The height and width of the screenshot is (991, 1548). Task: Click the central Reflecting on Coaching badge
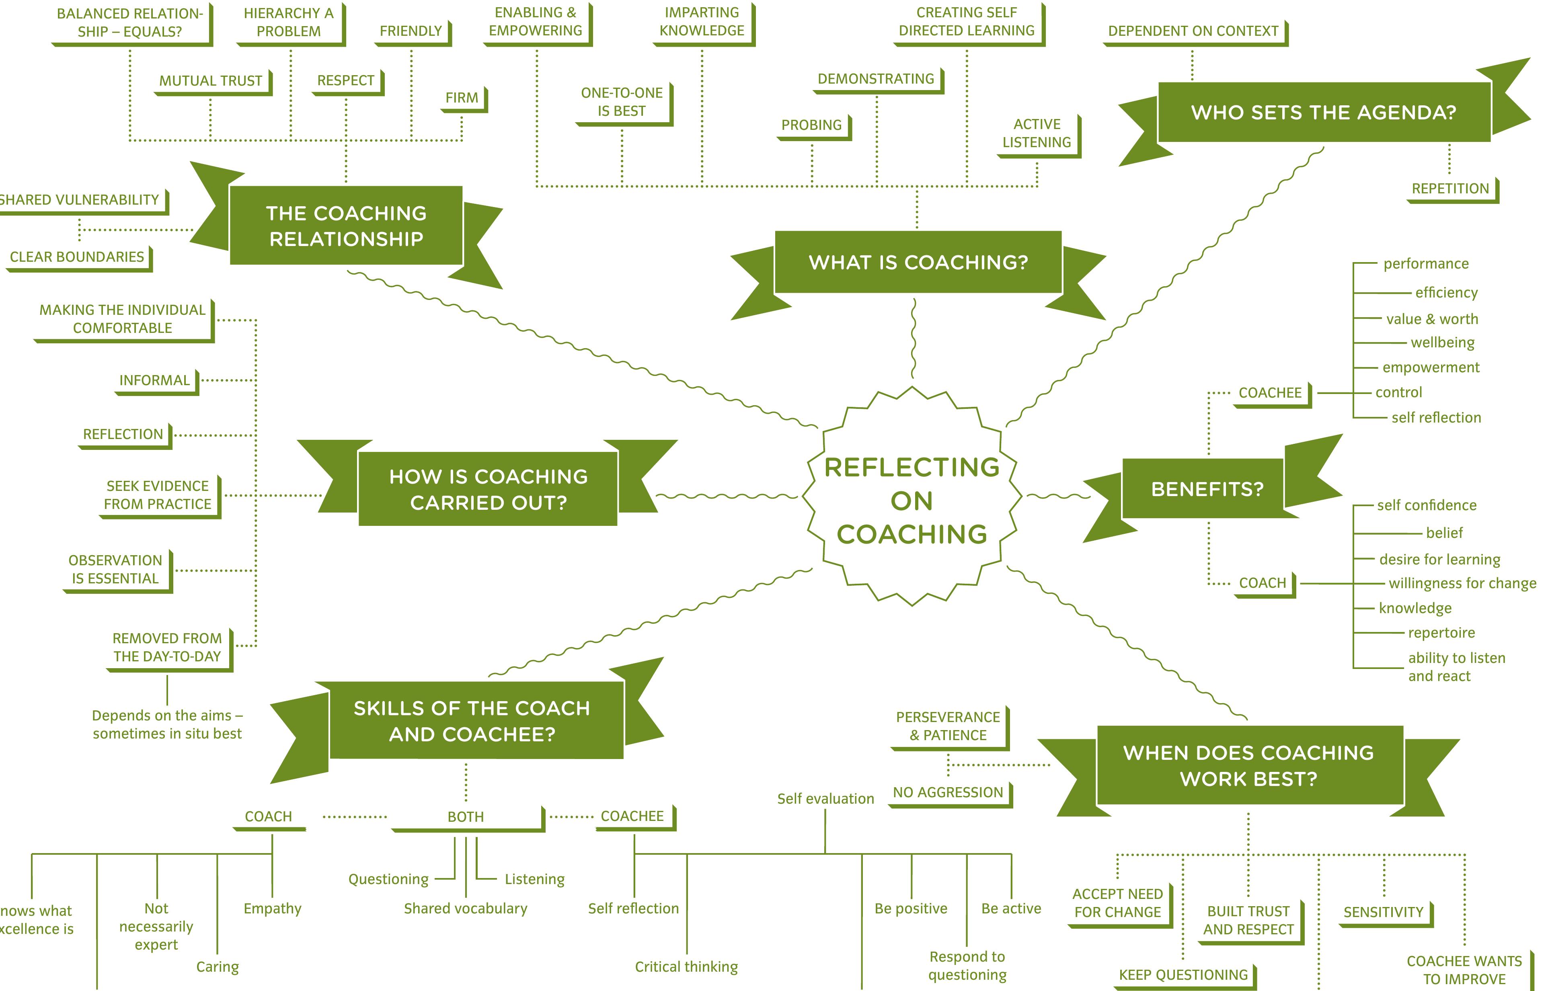click(x=912, y=500)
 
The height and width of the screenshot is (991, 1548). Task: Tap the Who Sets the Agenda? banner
click(x=1324, y=113)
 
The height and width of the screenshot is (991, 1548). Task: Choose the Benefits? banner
click(x=1207, y=489)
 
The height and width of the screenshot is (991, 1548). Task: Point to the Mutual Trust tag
click(x=211, y=81)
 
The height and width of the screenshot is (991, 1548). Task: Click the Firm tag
click(x=462, y=98)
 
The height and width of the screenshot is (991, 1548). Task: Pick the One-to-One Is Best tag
click(x=622, y=102)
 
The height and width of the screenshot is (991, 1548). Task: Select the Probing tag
click(x=811, y=125)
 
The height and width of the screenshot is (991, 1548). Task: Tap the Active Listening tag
click(x=1037, y=133)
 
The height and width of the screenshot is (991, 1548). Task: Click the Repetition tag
click(x=1450, y=189)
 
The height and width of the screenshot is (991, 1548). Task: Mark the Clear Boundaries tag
click(x=77, y=257)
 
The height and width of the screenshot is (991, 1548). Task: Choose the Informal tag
click(x=154, y=380)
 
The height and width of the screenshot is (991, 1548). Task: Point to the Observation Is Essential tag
click(x=116, y=570)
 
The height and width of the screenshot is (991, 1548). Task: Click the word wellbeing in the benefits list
click(x=1443, y=343)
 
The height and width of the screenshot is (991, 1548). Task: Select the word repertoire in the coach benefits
click(x=1441, y=632)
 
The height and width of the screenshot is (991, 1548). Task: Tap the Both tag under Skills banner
click(x=466, y=817)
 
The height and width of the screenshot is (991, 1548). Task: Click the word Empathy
click(x=272, y=908)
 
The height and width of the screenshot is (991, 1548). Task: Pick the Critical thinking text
click(x=686, y=966)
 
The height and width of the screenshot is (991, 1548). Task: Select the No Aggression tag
click(x=948, y=792)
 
